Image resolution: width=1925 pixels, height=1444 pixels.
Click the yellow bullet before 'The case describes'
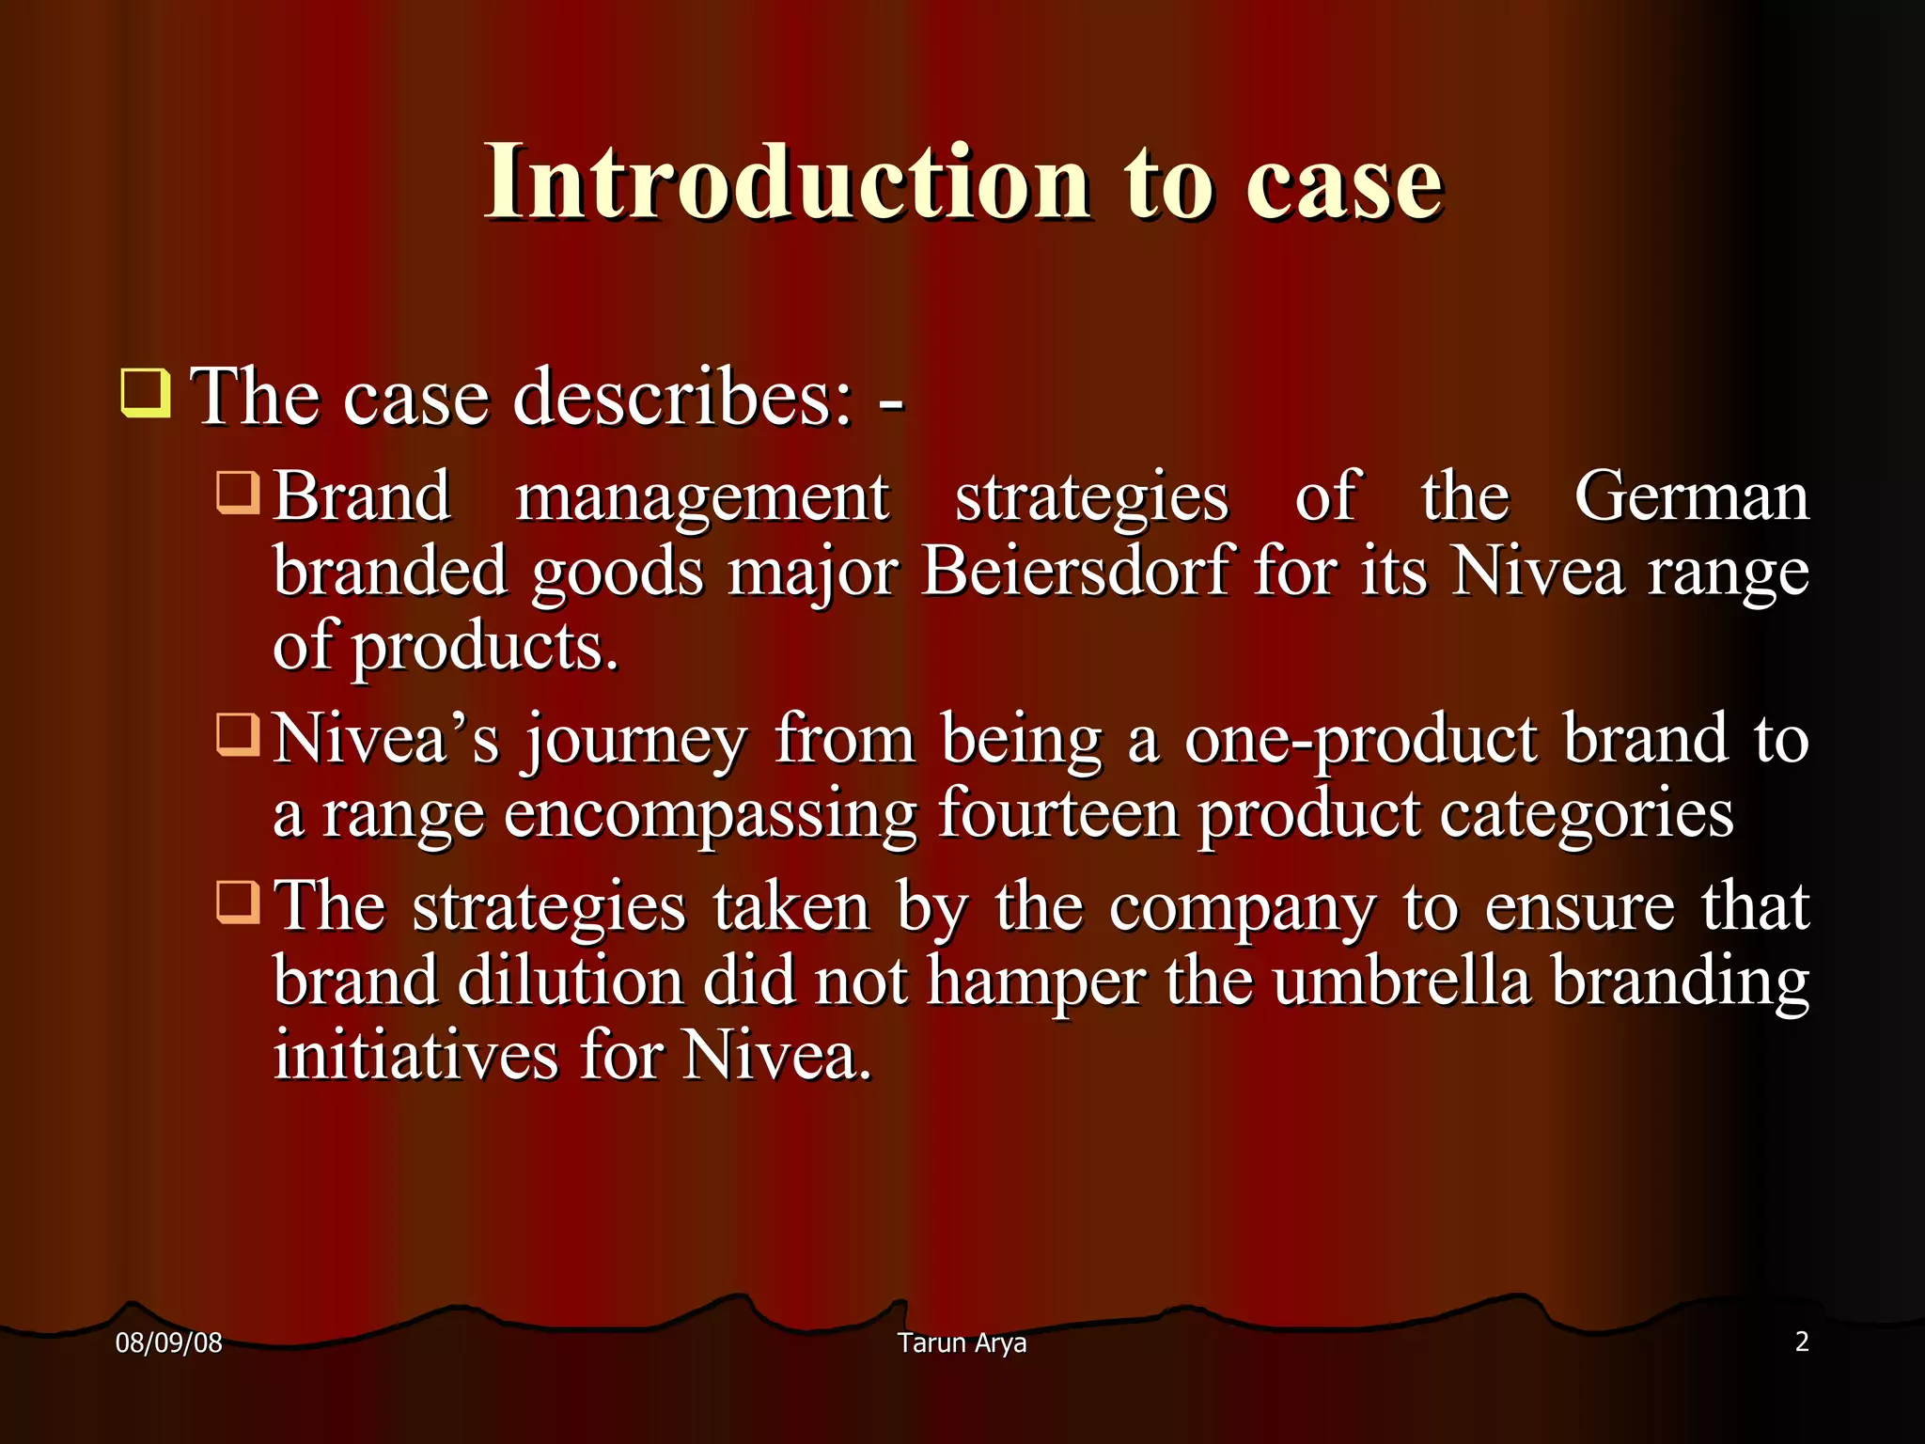(x=146, y=394)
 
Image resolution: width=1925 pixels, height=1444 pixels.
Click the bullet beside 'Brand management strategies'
(x=238, y=493)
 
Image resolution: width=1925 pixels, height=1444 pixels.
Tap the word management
(x=702, y=498)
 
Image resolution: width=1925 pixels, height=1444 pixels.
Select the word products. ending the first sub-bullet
(x=485, y=647)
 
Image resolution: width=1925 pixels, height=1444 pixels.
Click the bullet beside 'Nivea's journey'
(x=238, y=734)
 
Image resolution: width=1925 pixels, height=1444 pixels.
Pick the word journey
(x=635, y=741)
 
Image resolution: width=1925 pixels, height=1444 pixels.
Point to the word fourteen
(x=1058, y=813)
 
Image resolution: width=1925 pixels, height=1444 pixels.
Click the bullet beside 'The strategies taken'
(x=238, y=902)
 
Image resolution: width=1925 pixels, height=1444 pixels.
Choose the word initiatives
(x=415, y=1055)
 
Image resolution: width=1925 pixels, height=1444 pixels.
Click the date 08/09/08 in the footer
(x=168, y=1342)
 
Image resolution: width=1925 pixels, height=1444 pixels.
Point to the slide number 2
(x=1801, y=1342)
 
